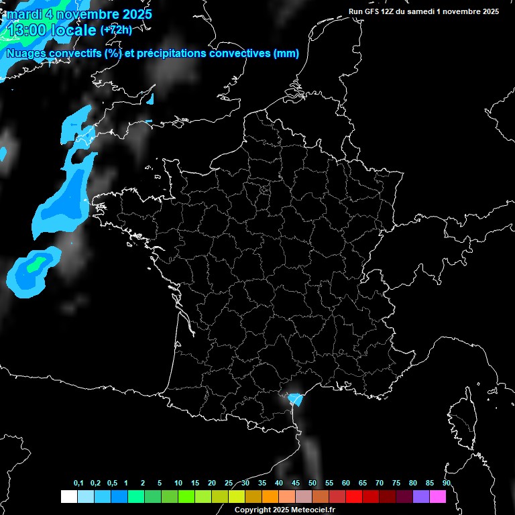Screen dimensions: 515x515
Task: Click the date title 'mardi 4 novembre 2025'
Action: [x=79, y=14]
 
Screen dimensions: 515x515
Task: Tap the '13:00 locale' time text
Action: [x=52, y=31]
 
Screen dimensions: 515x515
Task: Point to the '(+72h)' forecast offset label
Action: [x=116, y=30]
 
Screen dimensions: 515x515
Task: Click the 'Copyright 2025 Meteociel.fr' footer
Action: [x=284, y=510]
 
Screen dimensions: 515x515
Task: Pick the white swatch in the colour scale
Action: [x=68, y=496]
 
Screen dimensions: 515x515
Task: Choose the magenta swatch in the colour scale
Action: [x=438, y=496]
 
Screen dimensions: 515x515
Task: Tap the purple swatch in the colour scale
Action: [x=421, y=496]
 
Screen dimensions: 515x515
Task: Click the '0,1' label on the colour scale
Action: [x=78, y=483]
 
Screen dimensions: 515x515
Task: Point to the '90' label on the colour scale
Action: [x=447, y=483]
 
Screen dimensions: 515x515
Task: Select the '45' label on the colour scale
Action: [x=296, y=483]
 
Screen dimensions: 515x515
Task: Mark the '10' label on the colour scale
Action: [x=178, y=483]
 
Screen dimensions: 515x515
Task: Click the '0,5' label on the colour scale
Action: [x=111, y=483]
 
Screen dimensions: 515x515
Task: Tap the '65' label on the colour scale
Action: [x=363, y=483]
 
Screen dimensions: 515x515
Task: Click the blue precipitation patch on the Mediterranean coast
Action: [x=295, y=400]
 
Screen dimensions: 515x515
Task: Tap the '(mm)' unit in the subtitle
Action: [x=286, y=54]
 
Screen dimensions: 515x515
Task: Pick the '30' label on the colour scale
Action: [x=245, y=483]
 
